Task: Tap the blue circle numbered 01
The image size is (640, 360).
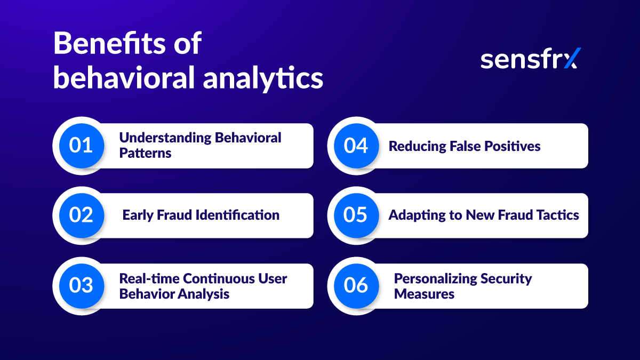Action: tap(81, 146)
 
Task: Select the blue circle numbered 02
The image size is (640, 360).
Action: tap(81, 215)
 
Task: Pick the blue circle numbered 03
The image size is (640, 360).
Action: tap(81, 285)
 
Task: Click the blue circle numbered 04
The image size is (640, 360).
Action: tap(356, 146)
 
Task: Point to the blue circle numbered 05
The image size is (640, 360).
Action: tap(356, 215)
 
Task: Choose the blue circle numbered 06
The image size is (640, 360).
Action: tap(356, 285)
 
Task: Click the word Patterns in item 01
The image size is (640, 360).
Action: tap(145, 153)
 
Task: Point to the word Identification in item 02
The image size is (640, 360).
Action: tap(238, 215)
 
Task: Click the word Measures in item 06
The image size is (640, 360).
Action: tap(424, 294)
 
